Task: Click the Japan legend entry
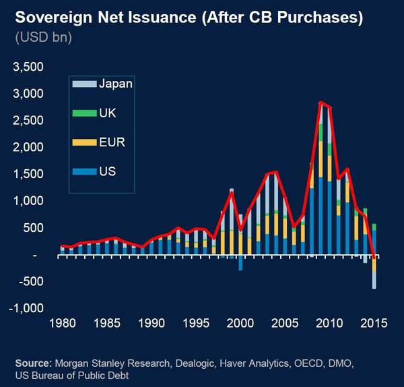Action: [108, 84]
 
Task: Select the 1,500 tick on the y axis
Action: [28, 174]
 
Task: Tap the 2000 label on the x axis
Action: [240, 324]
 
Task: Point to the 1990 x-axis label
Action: [150, 324]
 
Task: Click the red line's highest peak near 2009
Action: [321, 102]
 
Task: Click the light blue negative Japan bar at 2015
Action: [374, 280]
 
